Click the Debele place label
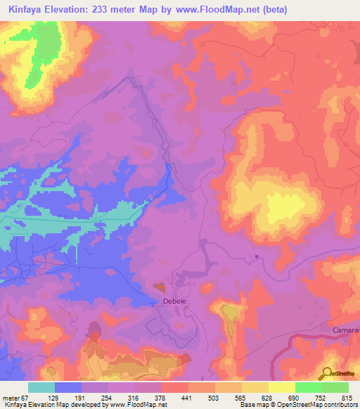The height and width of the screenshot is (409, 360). pyautogui.click(x=174, y=301)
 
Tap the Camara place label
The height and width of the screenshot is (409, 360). pyautogui.click(x=345, y=330)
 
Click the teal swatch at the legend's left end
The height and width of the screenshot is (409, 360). pyautogui.click(x=41, y=387)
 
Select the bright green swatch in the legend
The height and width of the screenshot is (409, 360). pyautogui.click(x=308, y=387)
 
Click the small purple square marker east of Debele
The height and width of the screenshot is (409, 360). pyautogui.click(x=257, y=256)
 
